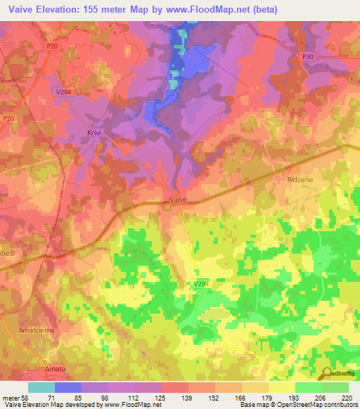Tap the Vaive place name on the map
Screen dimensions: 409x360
[179, 200]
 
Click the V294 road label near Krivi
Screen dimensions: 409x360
[62, 91]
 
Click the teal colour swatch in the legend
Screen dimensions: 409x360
[41, 387]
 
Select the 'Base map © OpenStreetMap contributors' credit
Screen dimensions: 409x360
[297, 405]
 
